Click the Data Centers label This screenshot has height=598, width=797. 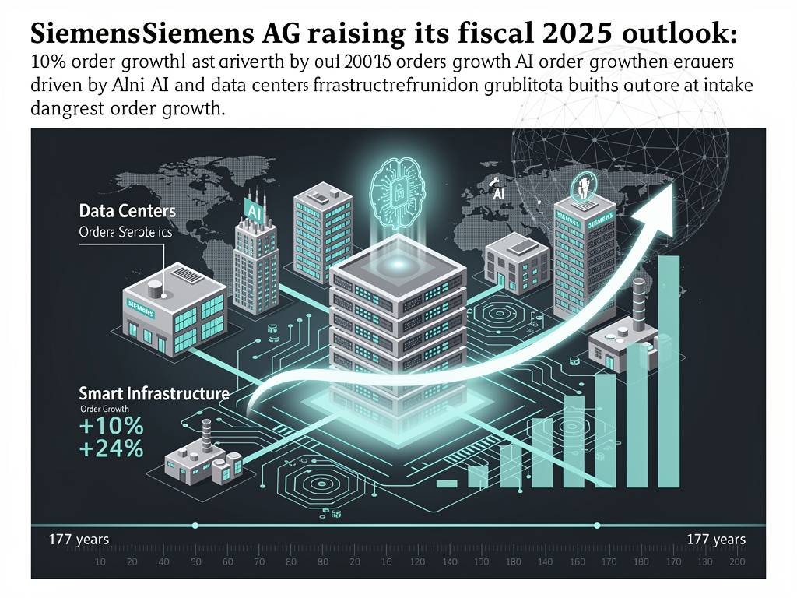(x=127, y=211)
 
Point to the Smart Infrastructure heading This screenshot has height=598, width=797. (x=154, y=393)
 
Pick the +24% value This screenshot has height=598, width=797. (x=111, y=448)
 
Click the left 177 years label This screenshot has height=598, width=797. (x=79, y=539)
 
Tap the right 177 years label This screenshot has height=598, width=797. (x=716, y=539)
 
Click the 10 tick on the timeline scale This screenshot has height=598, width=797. (x=100, y=562)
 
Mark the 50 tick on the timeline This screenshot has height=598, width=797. (x=195, y=562)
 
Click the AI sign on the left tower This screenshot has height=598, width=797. (x=254, y=209)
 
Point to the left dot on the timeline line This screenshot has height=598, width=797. (x=195, y=526)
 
